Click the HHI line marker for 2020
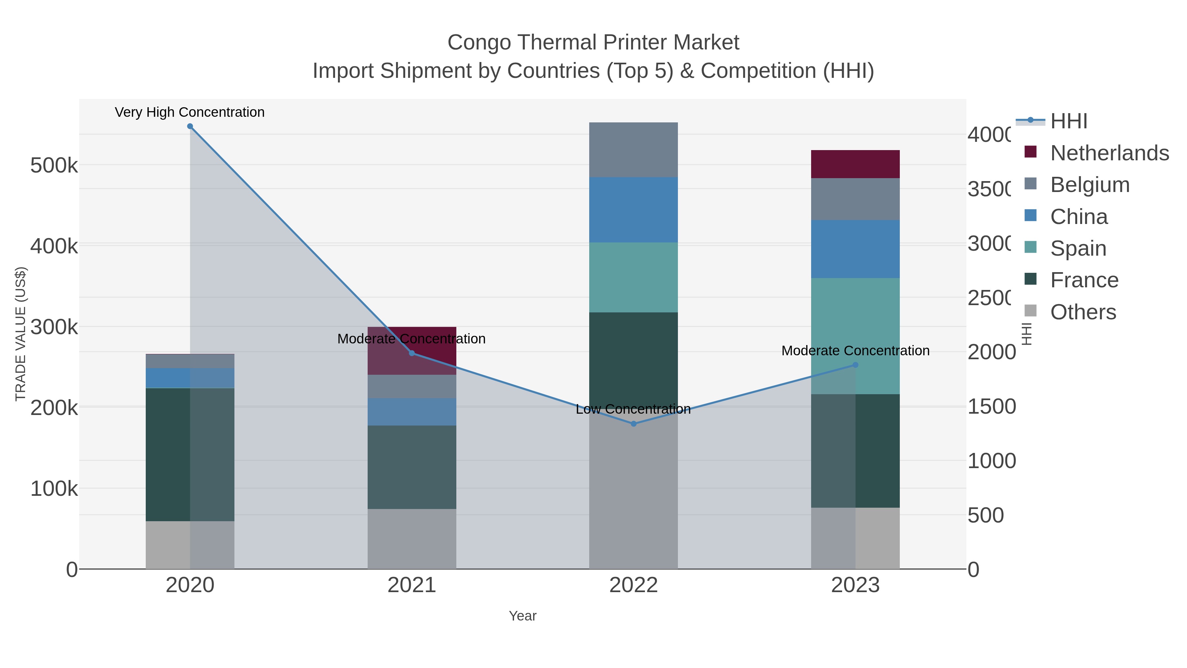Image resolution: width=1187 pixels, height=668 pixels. tap(190, 126)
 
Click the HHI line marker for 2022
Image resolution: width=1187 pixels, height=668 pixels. tap(634, 424)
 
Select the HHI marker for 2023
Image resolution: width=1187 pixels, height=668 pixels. tap(855, 365)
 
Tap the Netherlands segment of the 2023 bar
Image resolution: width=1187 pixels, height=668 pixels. tap(855, 164)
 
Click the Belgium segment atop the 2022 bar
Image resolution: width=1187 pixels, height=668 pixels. tap(634, 150)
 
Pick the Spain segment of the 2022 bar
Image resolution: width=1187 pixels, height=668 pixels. tap(634, 277)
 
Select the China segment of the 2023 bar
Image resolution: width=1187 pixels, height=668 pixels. tap(855, 249)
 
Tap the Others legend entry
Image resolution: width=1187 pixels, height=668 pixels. tap(1082, 312)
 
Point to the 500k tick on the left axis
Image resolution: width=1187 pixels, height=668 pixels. tap(54, 166)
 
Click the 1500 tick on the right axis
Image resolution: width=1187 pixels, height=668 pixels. tap(991, 407)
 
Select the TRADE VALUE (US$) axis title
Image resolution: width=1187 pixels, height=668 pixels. tap(21, 334)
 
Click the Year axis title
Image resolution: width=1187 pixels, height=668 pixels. tap(523, 616)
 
